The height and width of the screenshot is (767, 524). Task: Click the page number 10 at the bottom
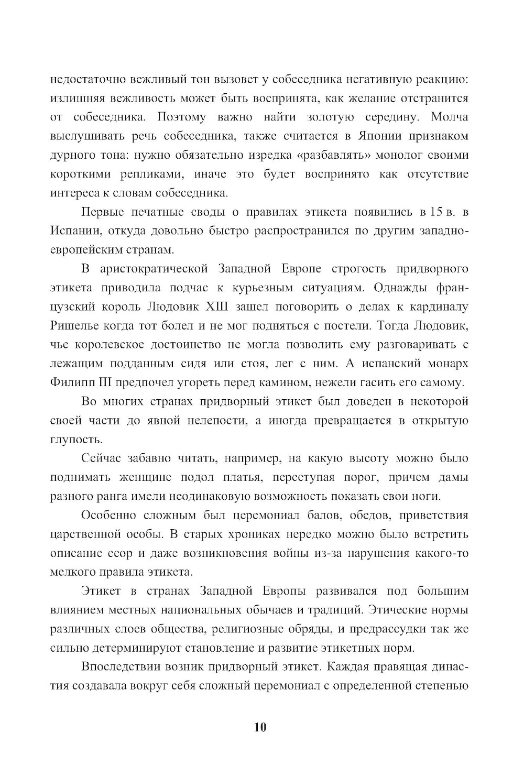(260, 728)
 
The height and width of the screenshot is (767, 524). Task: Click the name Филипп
(72, 382)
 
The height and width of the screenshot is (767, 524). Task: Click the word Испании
(73, 231)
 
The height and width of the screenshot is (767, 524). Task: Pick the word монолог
(394, 155)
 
